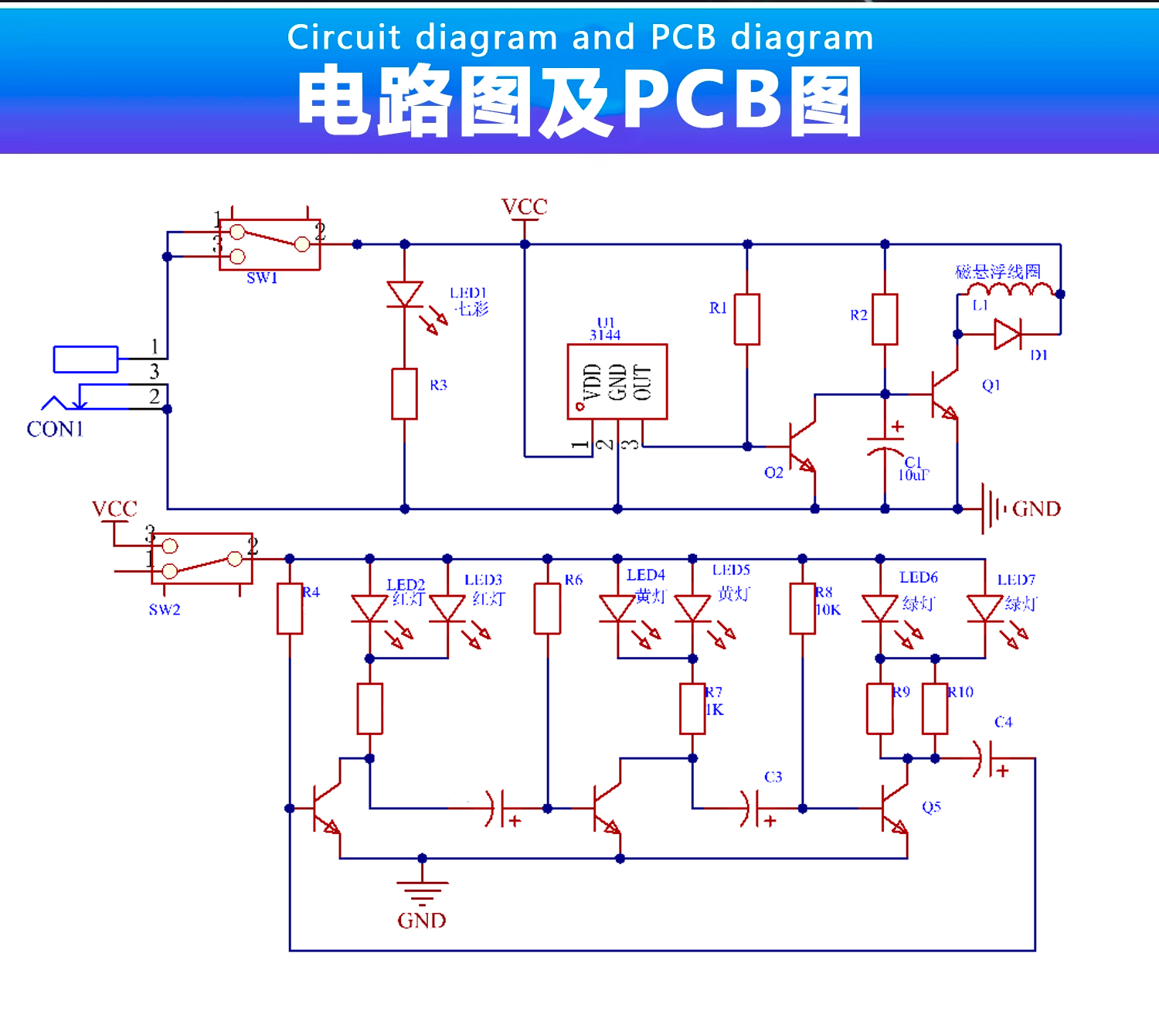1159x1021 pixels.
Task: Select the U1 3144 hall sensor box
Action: pyautogui.click(x=617, y=382)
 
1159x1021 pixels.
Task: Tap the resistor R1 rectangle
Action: pyautogui.click(x=746, y=318)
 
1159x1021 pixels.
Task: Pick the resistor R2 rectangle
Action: pyautogui.click(x=885, y=318)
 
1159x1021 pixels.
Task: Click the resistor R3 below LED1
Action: pyautogui.click(x=404, y=394)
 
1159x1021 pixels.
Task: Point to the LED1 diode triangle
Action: pyautogui.click(x=404, y=294)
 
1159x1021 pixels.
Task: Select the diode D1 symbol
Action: pyautogui.click(x=1007, y=335)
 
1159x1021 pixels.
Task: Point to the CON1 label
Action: pyautogui.click(x=55, y=429)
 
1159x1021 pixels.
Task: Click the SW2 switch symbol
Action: pyautogui.click(x=202, y=558)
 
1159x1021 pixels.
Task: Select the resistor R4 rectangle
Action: pyautogui.click(x=290, y=608)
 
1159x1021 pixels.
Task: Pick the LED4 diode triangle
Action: pyautogui.click(x=617, y=607)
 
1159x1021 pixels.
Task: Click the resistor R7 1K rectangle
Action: pyautogui.click(x=692, y=708)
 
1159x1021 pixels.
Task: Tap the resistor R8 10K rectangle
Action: pyautogui.click(x=803, y=608)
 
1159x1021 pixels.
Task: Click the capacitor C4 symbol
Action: pyautogui.click(x=985, y=759)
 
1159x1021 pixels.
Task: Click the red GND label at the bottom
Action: pyautogui.click(x=422, y=921)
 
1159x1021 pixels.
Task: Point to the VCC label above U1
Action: pyautogui.click(x=525, y=207)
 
